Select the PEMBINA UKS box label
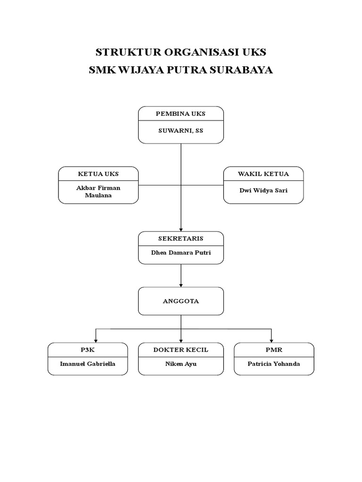(x=181, y=114)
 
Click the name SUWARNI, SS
(x=181, y=131)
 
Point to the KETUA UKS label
(x=98, y=174)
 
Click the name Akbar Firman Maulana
(x=98, y=192)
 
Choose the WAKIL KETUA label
(x=263, y=174)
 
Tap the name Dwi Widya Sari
(x=263, y=191)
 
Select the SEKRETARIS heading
(x=181, y=239)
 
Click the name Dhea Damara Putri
(x=181, y=253)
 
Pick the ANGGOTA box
(x=181, y=301)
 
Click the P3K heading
(x=88, y=350)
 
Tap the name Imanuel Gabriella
(x=88, y=364)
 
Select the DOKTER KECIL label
(x=181, y=350)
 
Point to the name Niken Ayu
(x=181, y=364)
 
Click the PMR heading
(x=274, y=350)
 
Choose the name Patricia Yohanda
(x=274, y=364)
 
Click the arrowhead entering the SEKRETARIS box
(x=181, y=229)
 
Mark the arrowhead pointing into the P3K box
(x=96, y=340)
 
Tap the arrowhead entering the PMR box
(x=271, y=340)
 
